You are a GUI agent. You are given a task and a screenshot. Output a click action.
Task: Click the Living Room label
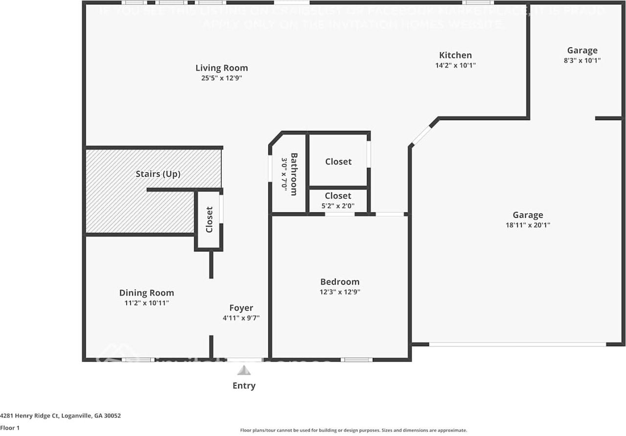(222, 68)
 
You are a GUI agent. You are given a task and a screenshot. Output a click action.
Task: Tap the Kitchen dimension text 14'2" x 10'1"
(455, 65)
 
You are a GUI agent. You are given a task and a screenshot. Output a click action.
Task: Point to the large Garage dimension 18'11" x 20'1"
(528, 225)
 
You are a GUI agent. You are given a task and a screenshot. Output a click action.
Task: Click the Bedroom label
(339, 281)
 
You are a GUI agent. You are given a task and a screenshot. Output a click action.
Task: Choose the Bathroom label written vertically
(294, 174)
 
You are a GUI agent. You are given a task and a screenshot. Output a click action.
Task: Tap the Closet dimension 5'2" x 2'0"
(338, 206)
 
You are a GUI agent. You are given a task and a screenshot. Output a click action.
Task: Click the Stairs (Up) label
(158, 174)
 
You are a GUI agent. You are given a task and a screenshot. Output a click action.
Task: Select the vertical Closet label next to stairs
(209, 220)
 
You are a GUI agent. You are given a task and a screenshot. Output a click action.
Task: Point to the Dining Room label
(146, 293)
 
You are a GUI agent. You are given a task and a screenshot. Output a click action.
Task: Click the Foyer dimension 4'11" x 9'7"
(241, 318)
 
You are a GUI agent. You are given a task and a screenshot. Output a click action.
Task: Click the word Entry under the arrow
(244, 386)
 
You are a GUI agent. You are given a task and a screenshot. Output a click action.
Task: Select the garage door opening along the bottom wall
(517, 344)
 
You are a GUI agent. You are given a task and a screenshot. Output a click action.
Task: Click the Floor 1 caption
(10, 428)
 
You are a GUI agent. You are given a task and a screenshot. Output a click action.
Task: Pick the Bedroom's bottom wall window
(357, 360)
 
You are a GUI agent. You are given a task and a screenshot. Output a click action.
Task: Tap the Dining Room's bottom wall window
(138, 360)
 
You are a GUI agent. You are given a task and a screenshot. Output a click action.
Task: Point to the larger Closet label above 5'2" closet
(338, 161)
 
